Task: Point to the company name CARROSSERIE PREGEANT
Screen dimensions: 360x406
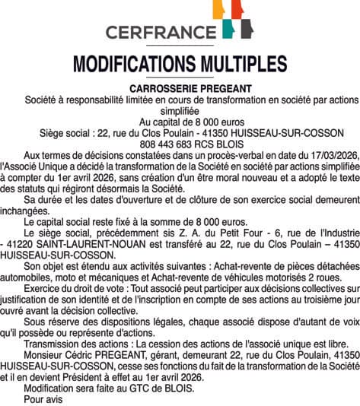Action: click(181, 89)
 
